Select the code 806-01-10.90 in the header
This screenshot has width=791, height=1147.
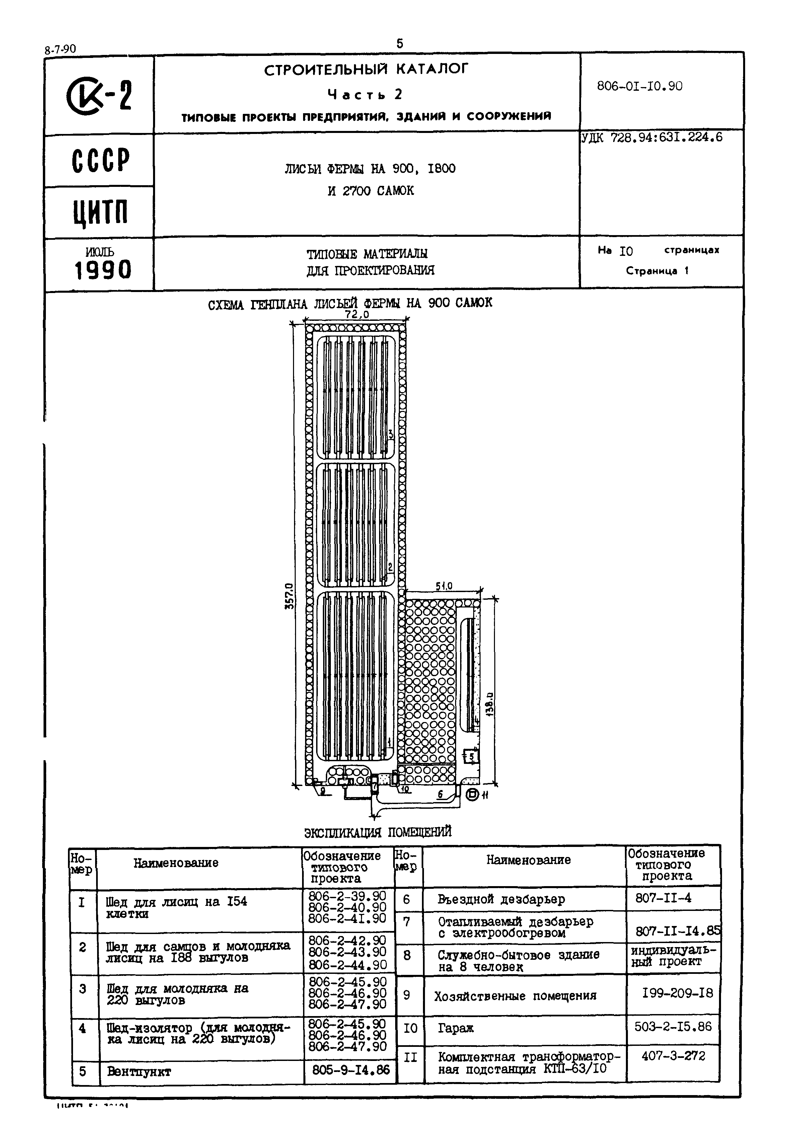(x=639, y=86)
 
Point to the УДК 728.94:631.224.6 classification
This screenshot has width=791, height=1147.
(x=652, y=138)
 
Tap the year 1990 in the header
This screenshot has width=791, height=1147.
(x=103, y=271)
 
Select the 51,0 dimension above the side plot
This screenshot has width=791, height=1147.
(x=444, y=586)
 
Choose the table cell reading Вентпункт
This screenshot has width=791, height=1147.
(x=139, y=1071)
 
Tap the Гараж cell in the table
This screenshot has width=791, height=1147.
(x=456, y=1028)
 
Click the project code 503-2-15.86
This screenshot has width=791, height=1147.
(x=672, y=1026)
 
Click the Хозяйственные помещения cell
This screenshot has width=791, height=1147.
(x=515, y=996)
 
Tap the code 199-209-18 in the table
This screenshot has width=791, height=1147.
(x=677, y=993)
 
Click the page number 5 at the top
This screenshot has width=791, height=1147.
(x=400, y=44)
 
